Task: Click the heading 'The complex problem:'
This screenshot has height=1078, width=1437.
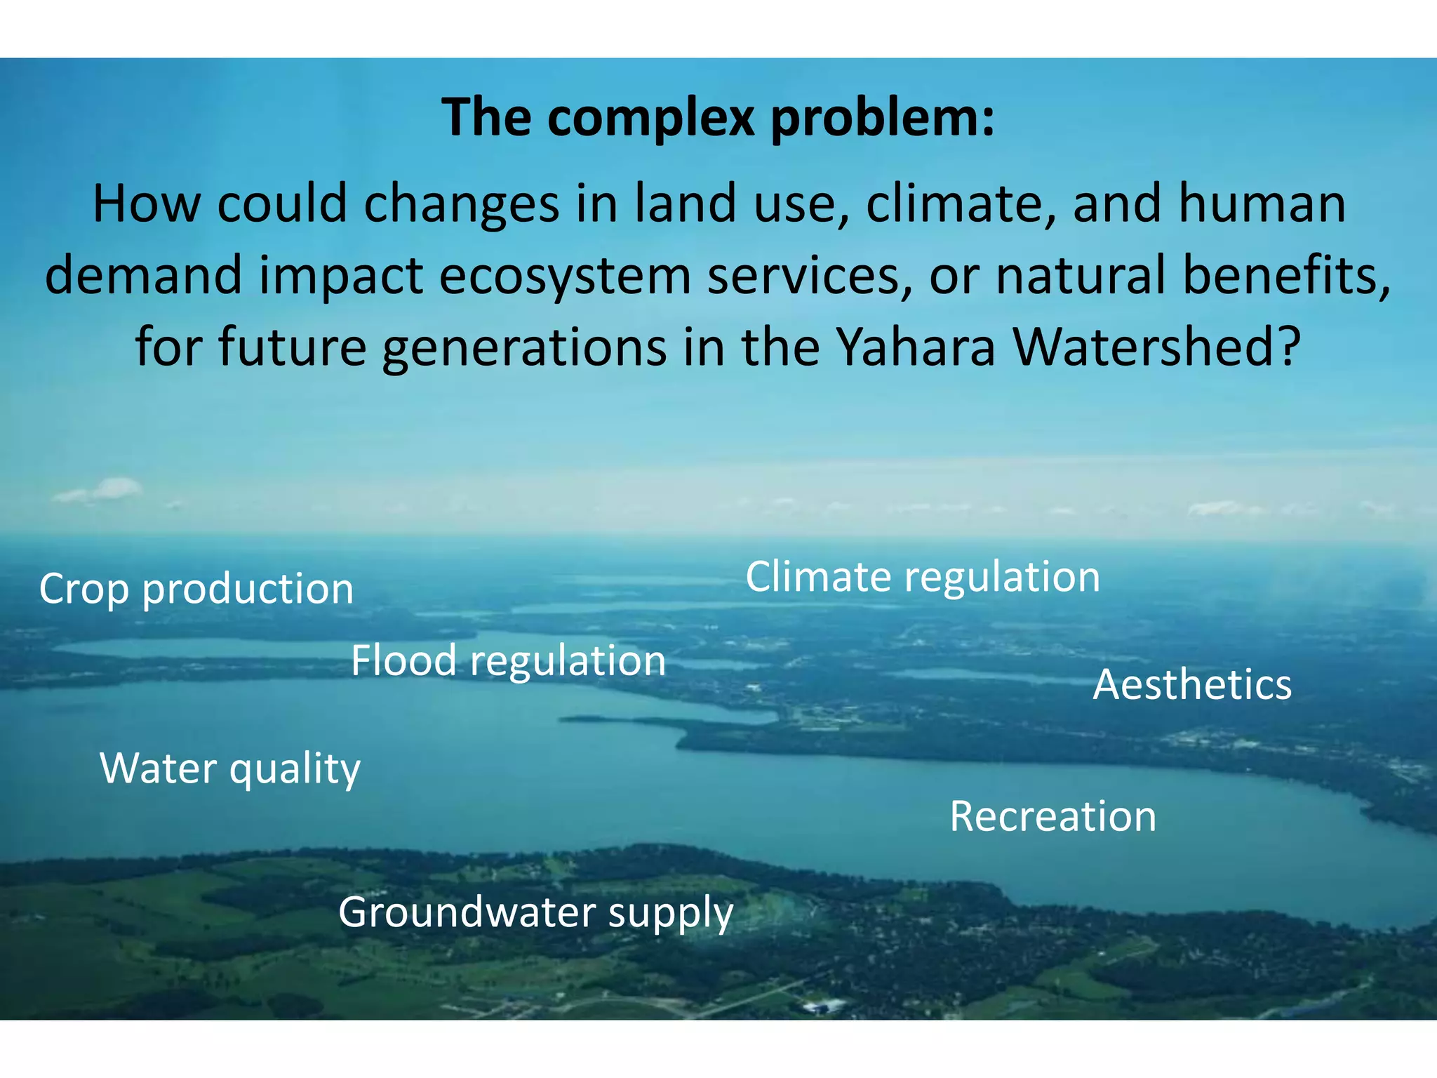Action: coord(718,117)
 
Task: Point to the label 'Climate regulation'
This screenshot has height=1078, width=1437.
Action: coord(922,577)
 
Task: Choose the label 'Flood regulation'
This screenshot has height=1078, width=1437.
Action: coord(508,660)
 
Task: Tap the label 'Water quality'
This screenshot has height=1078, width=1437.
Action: coord(230,768)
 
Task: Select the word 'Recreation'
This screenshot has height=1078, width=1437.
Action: coord(1052,816)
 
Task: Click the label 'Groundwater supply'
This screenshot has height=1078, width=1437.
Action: coord(535,912)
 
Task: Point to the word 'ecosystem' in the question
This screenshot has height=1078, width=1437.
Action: coord(565,275)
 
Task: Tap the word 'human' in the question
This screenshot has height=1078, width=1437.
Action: coord(1262,204)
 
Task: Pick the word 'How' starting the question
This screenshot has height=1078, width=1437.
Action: coord(147,204)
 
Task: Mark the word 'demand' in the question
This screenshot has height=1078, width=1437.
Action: coord(144,275)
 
